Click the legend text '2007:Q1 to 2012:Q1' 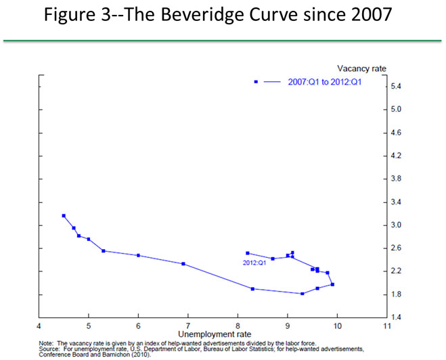tap(316, 82)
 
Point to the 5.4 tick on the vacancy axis tap(397, 87)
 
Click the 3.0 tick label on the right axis tap(397, 225)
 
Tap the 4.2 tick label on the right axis tap(397, 156)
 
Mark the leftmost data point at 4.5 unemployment tap(64, 216)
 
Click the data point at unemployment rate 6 tap(138, 255)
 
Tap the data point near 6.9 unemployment tap(183, 264)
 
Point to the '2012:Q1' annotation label tap(253, 262)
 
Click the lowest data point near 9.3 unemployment tap(302, 294)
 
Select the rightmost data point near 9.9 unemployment tap(332, 285)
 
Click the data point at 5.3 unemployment tap(104, 251)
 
